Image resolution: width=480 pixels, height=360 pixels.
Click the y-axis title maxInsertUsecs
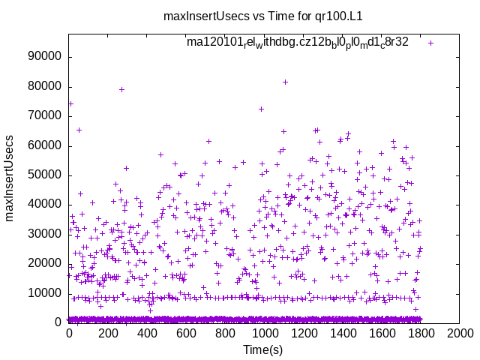(10, 178)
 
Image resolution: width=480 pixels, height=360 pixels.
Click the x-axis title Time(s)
(263, 349)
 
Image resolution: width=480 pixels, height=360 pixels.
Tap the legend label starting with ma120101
(298, 42)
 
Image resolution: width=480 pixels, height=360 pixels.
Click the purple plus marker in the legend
(430, 43)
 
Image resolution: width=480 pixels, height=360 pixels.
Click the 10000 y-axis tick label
(45, 293)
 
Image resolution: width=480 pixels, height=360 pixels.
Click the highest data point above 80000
(285, 82)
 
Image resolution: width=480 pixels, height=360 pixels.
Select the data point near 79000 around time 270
(121, 89)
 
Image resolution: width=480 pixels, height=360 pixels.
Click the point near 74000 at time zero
(70, 104)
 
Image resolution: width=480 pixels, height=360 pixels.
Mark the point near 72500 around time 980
(261, 109)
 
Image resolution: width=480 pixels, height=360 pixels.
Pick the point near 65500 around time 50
(79, 130)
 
